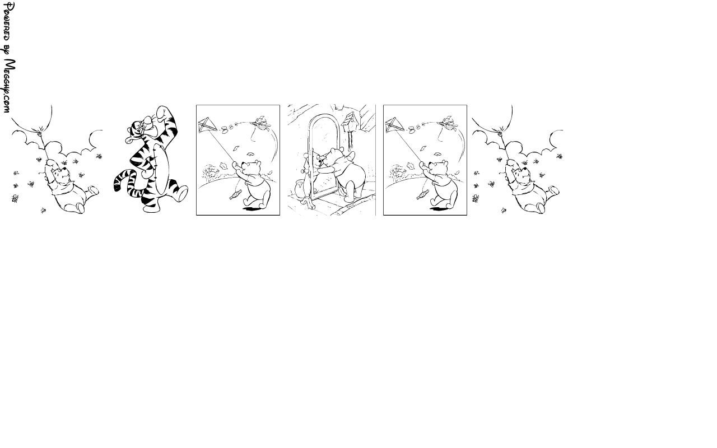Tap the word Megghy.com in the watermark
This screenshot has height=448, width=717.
click(x=9, y=86)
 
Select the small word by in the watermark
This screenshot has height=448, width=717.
click(x=7, y=50)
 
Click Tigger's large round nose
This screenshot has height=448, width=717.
click(x=148, y=120)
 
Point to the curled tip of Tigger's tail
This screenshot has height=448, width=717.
click(x=117, y=186)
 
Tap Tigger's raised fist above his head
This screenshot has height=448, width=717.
click(x=162, y=112)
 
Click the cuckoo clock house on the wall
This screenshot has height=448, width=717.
click(x=350, y=120)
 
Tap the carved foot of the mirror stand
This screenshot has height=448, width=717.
click(x=309, y=203)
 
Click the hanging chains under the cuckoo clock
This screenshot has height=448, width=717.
click(x=351, y=140)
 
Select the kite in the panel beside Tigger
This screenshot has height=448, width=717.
click(x=207, y=125)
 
